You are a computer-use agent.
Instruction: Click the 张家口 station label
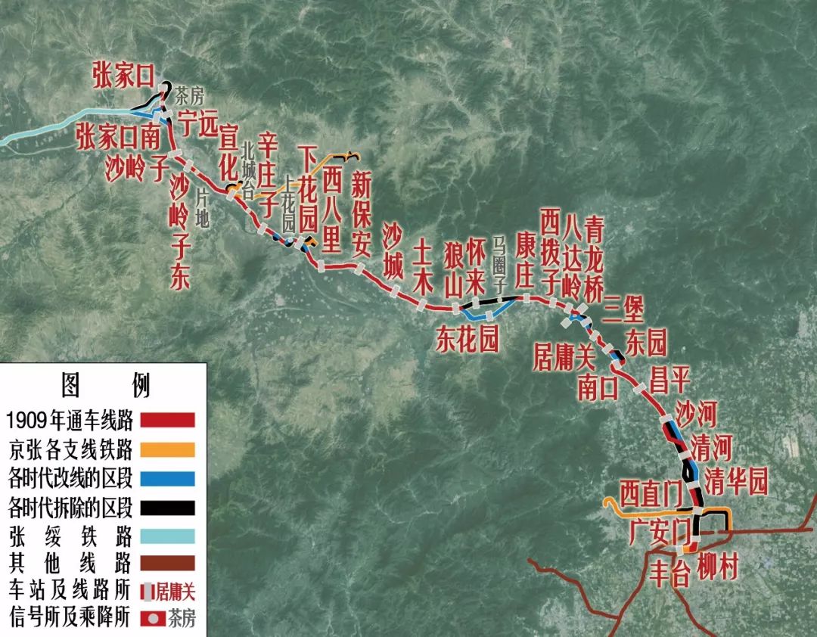point(123,76)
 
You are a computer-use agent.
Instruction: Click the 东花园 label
point(467,341)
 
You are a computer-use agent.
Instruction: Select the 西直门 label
point(651,493)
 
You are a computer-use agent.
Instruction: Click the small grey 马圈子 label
point(499,264)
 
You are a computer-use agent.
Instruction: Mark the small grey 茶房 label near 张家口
point(190,97)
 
